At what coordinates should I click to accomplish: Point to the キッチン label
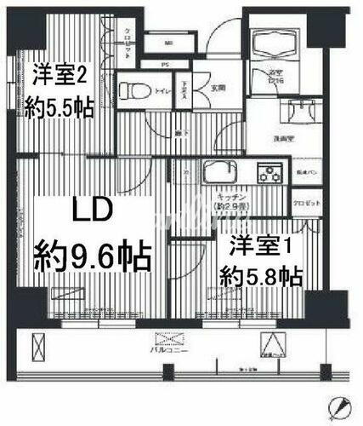pyautogui.click(x=231, y=196)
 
